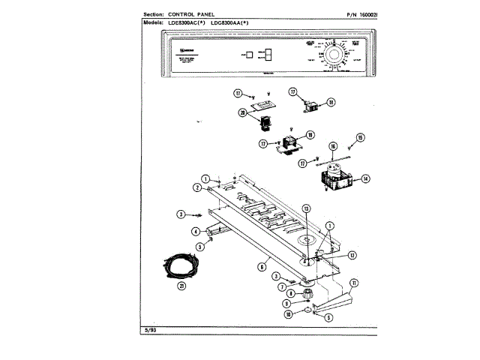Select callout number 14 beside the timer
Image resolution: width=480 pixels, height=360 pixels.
tap(365, 178)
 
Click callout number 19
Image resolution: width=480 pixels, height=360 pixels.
tap(310, 136)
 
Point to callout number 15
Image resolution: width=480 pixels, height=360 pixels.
tap(360, 138)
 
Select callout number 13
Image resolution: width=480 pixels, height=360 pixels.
tap(306, 208)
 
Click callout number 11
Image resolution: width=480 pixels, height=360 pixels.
tap(354, 282)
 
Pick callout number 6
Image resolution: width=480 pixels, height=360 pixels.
tap(262, 265)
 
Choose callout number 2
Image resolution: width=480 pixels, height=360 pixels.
tap(199, 187)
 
